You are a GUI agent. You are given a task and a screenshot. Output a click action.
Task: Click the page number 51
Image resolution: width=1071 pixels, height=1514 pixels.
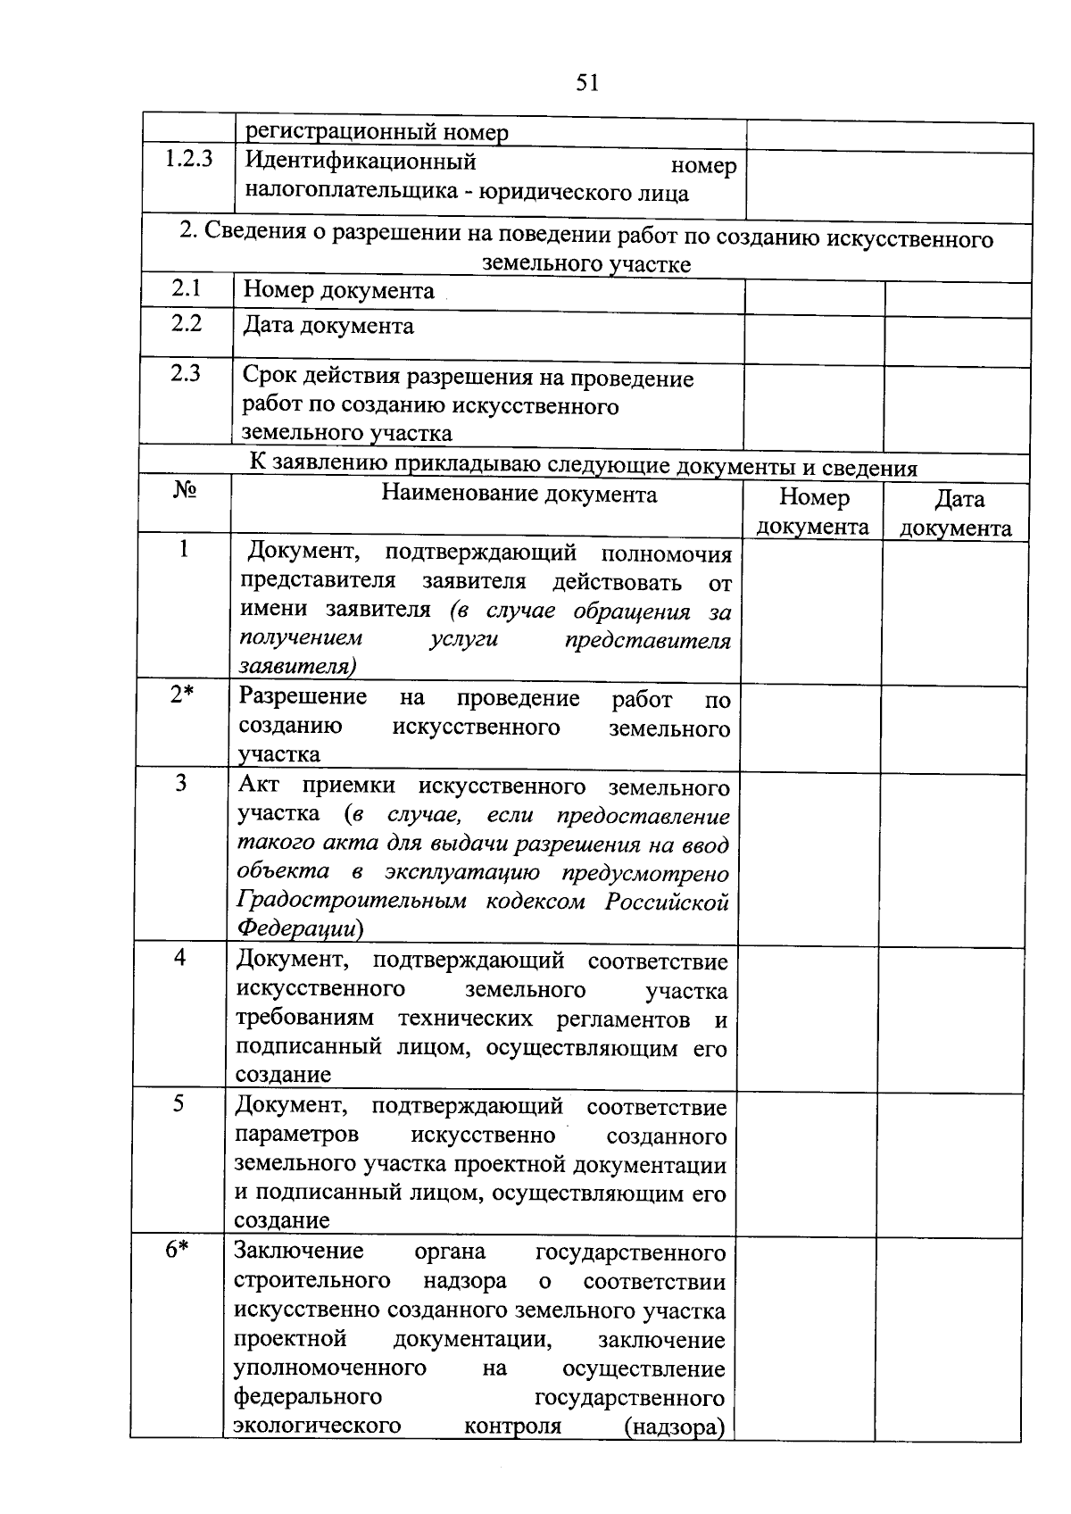(x=587, y=83)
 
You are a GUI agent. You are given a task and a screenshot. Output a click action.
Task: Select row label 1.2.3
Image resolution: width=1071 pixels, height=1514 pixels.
(x=188, y=161)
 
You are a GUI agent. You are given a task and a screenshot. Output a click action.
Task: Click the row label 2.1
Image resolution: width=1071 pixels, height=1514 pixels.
(x=187, y=288)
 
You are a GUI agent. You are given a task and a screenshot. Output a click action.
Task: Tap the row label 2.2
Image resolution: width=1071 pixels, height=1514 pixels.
(x=187, y=323)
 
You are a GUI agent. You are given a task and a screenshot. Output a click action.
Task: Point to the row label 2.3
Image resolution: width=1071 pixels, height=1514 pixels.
(x=186, y=373)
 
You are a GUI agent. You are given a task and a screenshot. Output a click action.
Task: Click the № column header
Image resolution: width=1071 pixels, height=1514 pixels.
(x=185, y=491)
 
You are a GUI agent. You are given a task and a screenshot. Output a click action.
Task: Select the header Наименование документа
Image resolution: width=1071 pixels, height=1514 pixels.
(x=519, y=495)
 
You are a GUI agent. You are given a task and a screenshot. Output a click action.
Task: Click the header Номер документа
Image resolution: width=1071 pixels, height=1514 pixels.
(x=813, y=512)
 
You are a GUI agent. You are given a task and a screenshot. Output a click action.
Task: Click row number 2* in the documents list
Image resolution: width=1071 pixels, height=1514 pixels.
(x=182, y=695)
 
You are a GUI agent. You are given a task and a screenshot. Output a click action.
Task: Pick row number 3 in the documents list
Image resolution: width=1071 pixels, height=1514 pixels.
(x=181, y=784)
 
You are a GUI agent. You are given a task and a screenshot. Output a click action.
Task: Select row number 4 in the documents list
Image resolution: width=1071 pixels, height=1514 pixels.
(x=180, y=958)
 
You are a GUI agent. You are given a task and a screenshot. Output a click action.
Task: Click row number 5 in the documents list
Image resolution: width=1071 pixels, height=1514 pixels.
(x=179, y=1104)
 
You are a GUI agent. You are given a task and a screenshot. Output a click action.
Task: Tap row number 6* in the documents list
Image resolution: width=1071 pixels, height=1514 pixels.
(x=178, y=1250)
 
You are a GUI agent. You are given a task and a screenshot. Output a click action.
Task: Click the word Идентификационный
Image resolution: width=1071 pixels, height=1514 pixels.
(x=361, y=162)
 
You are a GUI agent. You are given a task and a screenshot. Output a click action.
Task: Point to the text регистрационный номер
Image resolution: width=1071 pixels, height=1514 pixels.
(x=377, y=133)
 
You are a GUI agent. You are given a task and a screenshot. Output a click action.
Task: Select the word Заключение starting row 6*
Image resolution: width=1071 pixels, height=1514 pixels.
(x=299, y=1252)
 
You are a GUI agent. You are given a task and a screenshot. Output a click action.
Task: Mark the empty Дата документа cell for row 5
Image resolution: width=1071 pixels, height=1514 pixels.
(x=951, y=1165)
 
